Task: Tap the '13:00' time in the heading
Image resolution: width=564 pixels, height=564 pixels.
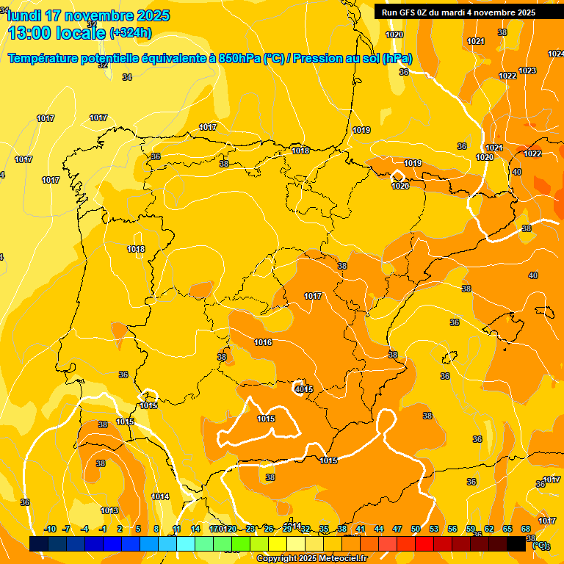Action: tap(29, 32)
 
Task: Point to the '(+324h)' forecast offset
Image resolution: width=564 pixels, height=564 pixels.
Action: tap(130, 32)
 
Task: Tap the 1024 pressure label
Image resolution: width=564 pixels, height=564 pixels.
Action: tap(556, 54)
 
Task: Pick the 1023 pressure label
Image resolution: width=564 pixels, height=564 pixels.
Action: tap(527, 70)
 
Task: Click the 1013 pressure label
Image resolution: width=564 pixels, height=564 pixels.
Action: tap(109, 510)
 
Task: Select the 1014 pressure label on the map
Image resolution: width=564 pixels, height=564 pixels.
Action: tap(161, 496)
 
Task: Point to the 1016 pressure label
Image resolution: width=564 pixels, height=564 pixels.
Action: tap(263, 342)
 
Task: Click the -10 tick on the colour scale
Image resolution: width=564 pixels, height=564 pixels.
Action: tap(50, 529)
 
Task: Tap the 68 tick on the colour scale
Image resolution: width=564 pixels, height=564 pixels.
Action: tap(526, 529)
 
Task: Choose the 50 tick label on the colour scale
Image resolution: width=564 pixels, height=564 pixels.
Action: tap(416, 529)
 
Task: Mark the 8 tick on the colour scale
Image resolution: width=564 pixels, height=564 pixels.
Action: tap(156, 529)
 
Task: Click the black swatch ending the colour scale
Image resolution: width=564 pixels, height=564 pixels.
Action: tap(516, 543)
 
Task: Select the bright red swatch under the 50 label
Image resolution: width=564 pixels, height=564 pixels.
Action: tap(424, 543)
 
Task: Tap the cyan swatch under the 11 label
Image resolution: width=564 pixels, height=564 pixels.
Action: tap(186, 543)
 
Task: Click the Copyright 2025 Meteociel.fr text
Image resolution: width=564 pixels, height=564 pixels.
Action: tap(311, 558)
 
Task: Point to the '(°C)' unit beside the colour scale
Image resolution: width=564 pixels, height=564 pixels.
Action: tap(540, 544)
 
